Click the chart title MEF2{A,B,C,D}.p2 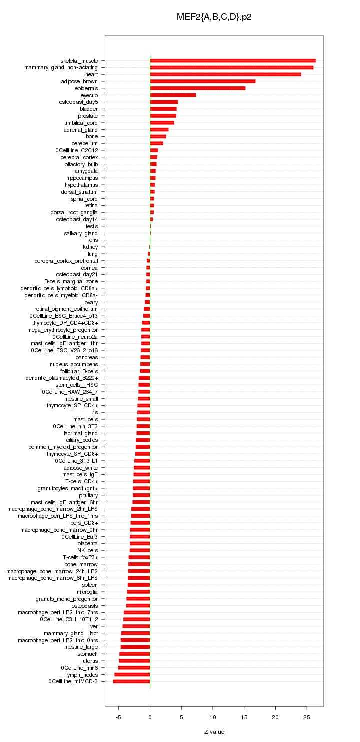[214, 17]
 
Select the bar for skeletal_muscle [233, 61]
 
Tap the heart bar [225, 74]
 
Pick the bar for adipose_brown [203, 81]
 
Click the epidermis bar [198, 88]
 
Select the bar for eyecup [173, 95]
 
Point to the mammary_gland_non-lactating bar [232, 67]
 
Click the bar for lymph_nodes [132, 675]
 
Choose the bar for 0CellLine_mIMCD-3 [131, 681]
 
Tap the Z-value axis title [214, 732]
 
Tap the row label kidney [90, 247]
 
